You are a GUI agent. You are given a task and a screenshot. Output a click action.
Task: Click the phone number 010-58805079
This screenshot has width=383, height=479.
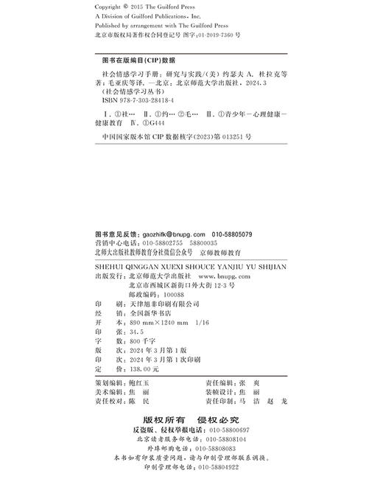(x=232, y=233)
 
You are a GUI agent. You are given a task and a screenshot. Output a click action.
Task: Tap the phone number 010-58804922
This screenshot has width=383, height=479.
(x=216, y=466)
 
